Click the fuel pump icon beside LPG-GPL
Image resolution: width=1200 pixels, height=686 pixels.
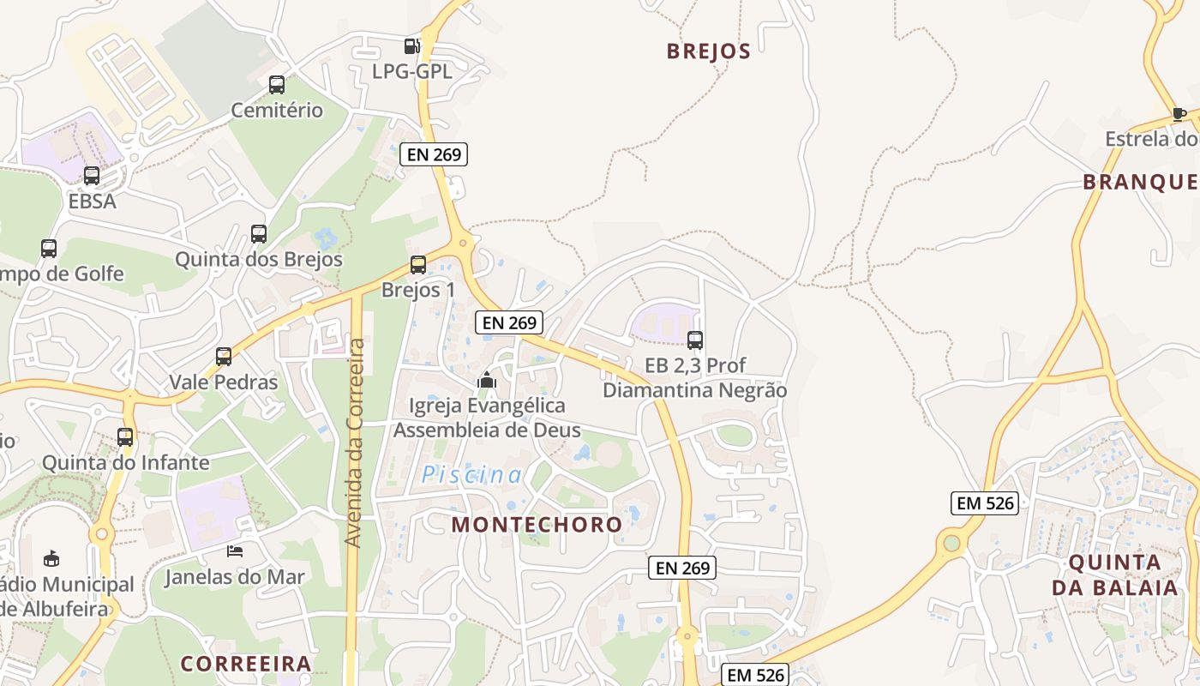click(412, 46)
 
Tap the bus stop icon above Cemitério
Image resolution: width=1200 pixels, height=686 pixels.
click(276, 85)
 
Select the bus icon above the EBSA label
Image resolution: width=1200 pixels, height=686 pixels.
click(92, 176)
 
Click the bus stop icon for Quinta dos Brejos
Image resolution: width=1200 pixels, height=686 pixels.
click(258, 233)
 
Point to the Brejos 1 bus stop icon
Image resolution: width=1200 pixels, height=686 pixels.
click(418, 265)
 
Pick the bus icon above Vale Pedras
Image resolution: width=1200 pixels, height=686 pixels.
click(224, 356)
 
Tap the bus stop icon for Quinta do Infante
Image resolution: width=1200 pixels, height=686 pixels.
click(125, 436)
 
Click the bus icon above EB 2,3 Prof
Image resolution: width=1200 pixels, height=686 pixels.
click(695, 340)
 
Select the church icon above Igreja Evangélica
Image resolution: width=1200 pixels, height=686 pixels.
click(487, 379)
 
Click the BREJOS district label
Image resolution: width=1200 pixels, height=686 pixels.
click(709, 51)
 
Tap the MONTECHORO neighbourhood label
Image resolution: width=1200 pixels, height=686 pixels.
click(537, 525)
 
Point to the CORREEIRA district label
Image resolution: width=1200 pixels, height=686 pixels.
click(246, 664)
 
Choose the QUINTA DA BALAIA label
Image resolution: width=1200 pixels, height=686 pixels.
click(1115, 575)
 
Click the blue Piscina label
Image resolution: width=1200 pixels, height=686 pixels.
click(471, 475)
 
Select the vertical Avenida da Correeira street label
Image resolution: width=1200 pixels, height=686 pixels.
click(354, 442)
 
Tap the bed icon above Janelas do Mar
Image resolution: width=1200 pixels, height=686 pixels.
click(235, 551)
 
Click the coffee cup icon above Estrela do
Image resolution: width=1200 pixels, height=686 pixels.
click(1179, 114)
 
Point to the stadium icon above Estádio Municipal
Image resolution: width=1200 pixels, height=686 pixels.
click(51, 558)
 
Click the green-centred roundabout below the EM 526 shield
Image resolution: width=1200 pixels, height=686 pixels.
click(951, 543)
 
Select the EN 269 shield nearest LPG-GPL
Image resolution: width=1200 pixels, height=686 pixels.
click(434, 155)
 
